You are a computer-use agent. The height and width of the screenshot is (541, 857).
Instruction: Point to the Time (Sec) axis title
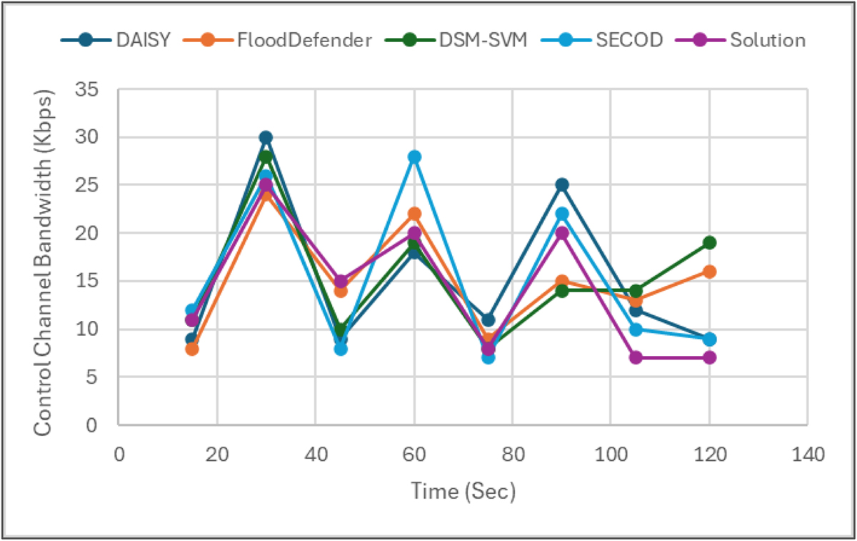click(x=462, y=491)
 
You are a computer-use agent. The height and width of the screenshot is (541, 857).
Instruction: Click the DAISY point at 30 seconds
click(x=266, y=137)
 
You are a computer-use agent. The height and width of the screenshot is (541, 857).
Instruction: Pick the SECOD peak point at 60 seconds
click(x=414, y=157)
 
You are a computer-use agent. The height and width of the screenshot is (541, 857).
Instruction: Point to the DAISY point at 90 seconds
click(x=561, y=185)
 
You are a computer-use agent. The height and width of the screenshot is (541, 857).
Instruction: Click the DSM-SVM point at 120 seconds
click(x=709, y=243)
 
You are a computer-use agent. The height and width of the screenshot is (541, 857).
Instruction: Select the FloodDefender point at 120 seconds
click(x=709, y=272)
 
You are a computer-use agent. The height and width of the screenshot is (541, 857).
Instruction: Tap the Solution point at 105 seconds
click(x=635, y=358)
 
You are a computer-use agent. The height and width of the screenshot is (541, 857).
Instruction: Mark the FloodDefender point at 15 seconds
click(x=191, y=349)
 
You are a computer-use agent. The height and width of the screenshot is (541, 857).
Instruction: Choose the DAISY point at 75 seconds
click(x=487, y=319)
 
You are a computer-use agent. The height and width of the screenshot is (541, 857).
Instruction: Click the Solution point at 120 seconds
click(x=709, y=358)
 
